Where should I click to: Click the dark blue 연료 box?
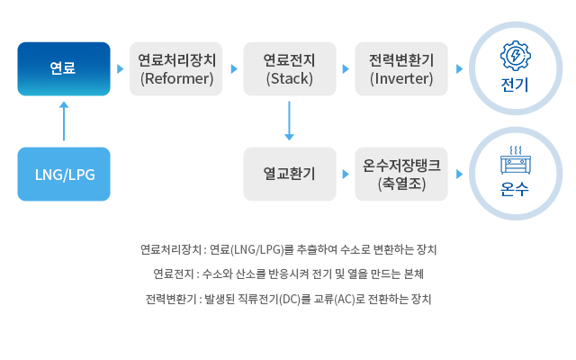pyautogui.click(x=64, y=68)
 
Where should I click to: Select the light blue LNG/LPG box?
pyautogui.click(x=64, y=174)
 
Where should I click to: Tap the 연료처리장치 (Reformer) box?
pyautogui.click(x=176, y=68)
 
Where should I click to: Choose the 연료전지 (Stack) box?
pyautogui.click(x=289, y=68)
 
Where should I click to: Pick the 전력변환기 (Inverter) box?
pyautogui.click(x=401, y=68)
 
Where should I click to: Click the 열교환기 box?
pyautogui.click(x=289, y=174)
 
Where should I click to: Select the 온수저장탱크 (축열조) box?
pyautogui.click(x=401, y=174)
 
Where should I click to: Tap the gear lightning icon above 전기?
pyautogui.click(x=515, y=56)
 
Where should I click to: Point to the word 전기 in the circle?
pyautogui.click(x=515, y=85)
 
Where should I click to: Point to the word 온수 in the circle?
pyautogui.click(x=515, y=191)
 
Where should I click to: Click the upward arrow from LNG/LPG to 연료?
pyautogui.click(x=64, y=121)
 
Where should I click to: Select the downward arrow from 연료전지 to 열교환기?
pyautogui.click(x=289, y=121)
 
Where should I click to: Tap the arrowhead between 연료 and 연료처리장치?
pyautogui.click(x=120, y=68)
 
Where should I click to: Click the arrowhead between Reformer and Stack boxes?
pyautogui.click(x=233, y=68)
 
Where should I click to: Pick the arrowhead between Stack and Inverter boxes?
pyautogui.click(x=346, y=68)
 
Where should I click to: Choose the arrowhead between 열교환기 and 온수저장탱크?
pyautogui.click(x=346, y=174)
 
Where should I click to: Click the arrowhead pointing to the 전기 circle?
pyautogui.click(x=459, y=68)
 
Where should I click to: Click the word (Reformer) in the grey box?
pyautogui.click(x=176, y=78)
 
